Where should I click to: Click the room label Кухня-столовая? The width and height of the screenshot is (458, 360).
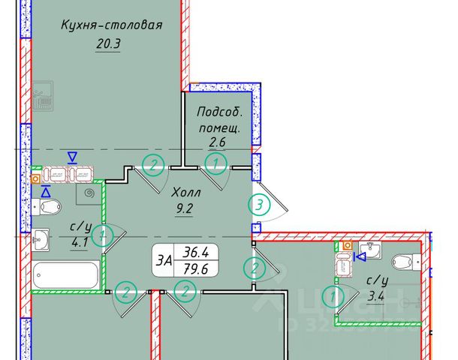coord(111,25)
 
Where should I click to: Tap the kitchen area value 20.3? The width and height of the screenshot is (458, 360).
coord(109,44)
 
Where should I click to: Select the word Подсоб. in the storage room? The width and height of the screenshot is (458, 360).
coord(220,112)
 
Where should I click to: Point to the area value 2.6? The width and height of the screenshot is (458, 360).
coord(218,141)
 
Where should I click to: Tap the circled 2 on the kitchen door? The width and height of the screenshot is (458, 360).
coord(153,163)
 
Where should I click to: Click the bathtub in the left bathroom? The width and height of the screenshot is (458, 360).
coord(66,274)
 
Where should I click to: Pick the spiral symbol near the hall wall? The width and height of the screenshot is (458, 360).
coord(91,193)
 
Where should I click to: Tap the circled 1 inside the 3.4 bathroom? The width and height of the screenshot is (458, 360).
coord(333,297)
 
